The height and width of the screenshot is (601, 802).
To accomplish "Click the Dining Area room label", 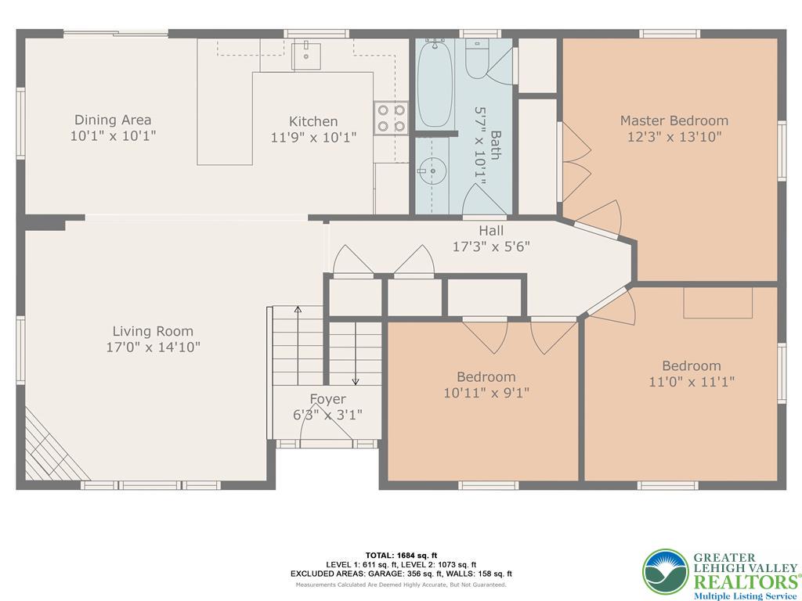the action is point(113,120).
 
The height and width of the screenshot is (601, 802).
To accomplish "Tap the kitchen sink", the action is point(306,56).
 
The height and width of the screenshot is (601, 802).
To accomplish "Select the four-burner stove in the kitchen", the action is point(391,118).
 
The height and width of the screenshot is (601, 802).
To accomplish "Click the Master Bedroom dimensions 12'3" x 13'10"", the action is point(674,137).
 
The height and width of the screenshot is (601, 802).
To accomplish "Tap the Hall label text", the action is point(491,231).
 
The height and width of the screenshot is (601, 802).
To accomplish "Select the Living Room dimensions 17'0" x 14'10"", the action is point(153,347).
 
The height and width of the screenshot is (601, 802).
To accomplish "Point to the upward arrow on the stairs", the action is point(298,345).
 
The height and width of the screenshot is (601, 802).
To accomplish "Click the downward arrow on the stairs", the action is point(356,353).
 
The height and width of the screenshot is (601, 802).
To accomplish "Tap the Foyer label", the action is point(328,399).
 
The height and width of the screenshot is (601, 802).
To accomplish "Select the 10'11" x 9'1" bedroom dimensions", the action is point(486,393).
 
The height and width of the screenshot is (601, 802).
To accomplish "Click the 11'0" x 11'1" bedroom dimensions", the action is point(692,382).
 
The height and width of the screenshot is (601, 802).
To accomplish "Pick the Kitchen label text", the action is point(313,121).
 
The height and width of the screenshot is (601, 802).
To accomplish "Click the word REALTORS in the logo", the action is point(744,582).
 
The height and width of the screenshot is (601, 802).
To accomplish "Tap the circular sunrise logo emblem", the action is point(666,572).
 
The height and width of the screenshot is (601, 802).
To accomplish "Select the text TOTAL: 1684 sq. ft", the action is point(401,556).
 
